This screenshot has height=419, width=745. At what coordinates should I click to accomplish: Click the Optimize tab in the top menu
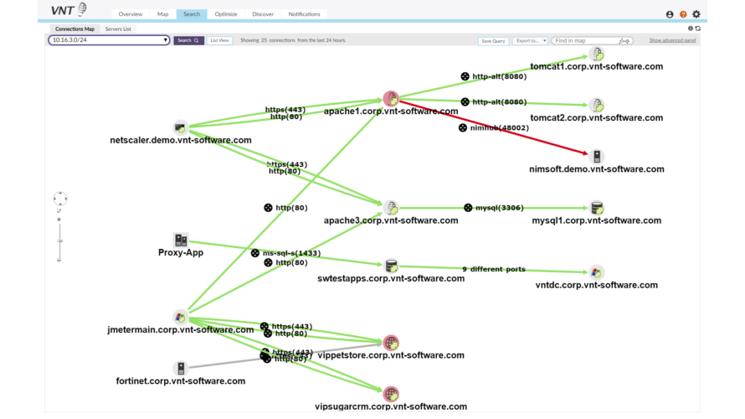pyautogui.click(x=226, y=14)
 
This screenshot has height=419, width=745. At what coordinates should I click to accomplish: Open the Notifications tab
pyautogui.click(x=304, y=14)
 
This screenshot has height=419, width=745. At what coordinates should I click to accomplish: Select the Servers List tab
pyautogui.click(x=118, y=28)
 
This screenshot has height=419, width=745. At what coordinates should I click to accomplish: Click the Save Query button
pyautogui.click(x=493, y=40)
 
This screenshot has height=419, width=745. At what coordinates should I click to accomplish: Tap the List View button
pyautogui.click(x=220, y=40)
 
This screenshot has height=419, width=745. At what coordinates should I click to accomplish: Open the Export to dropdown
pyautogui.click(x=531, y=40)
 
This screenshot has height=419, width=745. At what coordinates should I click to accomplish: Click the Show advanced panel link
pyautogui.click(x=672, y=40)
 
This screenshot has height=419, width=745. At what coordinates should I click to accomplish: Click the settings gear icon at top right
pyautogui.click(x=696, y=14)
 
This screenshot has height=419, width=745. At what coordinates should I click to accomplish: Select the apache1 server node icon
pyautogui.click(x=390, y=99)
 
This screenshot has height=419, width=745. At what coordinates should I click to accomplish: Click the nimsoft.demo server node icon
pyautogui.click(x=597, y=157)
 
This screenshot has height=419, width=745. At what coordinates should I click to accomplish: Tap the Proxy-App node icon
pyautogui.click(x=181, y=241)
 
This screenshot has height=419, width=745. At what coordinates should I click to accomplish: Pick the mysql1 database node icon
pyautogui.click(x=597, y=208)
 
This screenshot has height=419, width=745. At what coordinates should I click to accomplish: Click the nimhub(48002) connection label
pyautogui.click(x=499, y=128)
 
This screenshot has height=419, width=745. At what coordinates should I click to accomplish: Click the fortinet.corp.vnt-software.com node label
pyautogui.click(x=181, y=381)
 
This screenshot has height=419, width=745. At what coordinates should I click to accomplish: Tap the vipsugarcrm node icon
pyautogui.click(x=391, y=394)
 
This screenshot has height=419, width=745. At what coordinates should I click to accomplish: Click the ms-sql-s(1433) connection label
pyautogui.click(x=290, y=253)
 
